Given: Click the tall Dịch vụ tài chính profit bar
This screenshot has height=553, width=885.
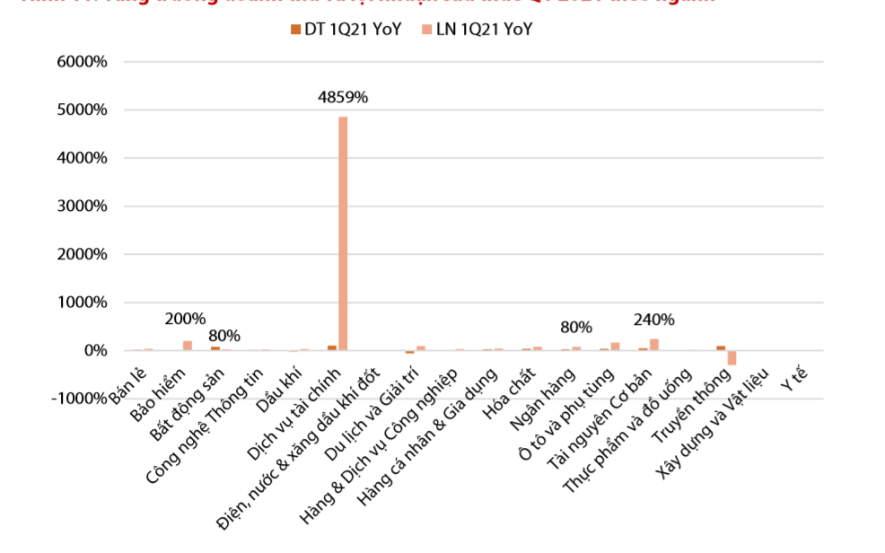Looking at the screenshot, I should tap(343, 233).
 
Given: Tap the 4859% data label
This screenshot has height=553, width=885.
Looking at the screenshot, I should tap(343, 96).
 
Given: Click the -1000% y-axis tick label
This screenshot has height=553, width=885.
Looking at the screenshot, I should tap(78, 399).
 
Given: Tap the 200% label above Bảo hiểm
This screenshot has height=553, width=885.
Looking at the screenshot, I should tap(185, 319).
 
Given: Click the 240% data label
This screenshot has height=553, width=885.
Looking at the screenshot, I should tap(653, 320).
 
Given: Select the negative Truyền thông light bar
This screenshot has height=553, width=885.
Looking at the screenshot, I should tap(732, 357).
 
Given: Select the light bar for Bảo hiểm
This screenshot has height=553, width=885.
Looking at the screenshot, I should tap(188, 346).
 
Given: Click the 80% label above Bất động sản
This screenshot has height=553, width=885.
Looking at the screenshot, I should tap(224, 336).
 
